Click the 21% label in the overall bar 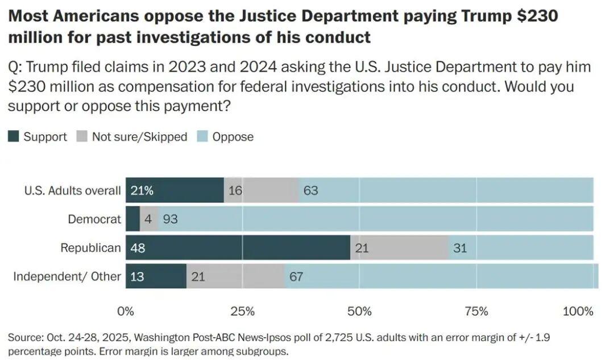[x=142, y=191]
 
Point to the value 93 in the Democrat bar [x=170, y=219]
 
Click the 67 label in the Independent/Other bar [x=296, y=277]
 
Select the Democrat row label [x=94, y=219]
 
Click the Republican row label [x=91, y=248]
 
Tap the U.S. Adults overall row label [x=73, y=191]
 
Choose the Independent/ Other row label [x=67, y=277]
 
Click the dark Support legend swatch [x=14, y=136]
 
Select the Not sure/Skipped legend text [x=139, y=137]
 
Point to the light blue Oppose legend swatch [x=202, y=136]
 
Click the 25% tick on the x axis [x=243, y=312]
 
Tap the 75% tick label [x=476, y=312]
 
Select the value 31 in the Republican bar [x=460, y=248]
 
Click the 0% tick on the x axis [x=126, y=312]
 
